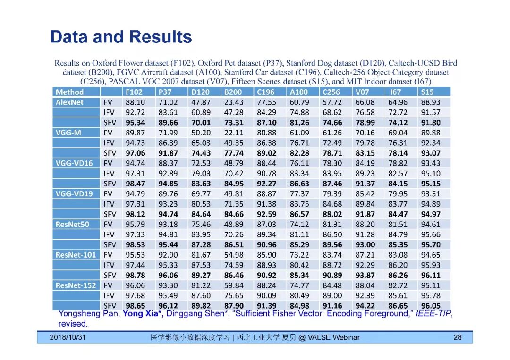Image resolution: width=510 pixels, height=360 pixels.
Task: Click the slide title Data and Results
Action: (121, 37)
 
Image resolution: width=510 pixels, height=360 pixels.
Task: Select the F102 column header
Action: (134, 92)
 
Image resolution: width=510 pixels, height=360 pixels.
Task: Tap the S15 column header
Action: (427, 92)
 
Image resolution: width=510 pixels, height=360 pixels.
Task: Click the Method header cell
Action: (69, 92)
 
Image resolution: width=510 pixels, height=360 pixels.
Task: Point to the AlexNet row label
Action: (69, 102)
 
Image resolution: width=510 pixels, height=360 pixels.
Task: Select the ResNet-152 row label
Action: (76, 285)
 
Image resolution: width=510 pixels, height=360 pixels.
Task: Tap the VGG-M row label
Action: (68, 133)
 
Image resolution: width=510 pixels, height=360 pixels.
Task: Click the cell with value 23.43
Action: (234, 102)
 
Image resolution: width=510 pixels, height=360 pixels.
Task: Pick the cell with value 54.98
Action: (234, 255)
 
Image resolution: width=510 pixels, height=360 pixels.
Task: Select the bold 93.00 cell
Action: (365, 244)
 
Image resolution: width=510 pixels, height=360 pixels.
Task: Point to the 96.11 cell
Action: (430, 275)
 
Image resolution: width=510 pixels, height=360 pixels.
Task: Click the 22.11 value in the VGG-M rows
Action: (234, 133)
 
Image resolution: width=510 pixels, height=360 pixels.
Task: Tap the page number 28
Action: (457, 337)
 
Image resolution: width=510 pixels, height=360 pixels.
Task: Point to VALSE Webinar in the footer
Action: (333, 337)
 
